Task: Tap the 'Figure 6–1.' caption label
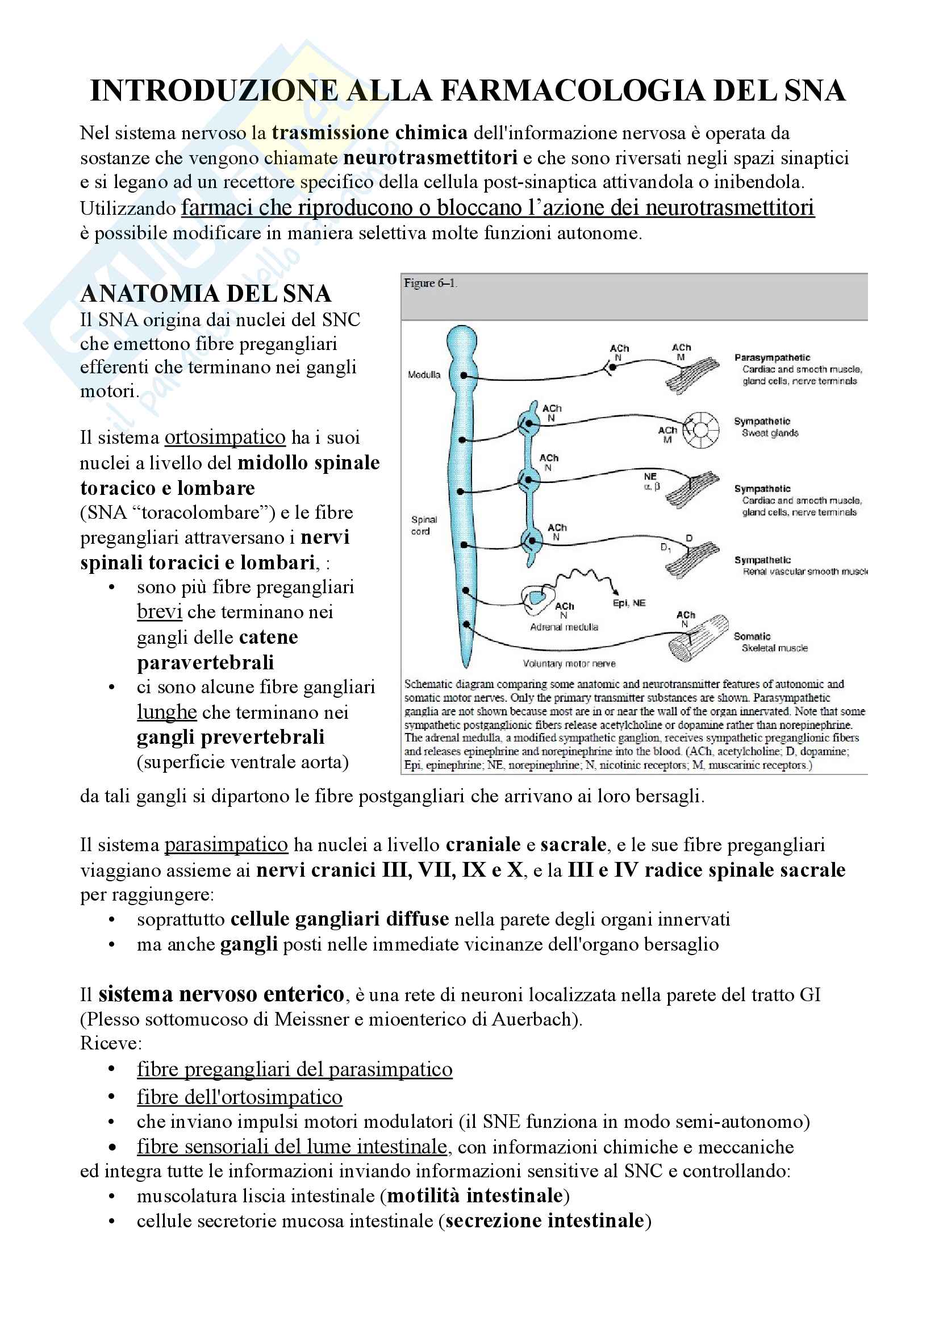click(430, 283)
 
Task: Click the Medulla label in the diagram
click(424, 375)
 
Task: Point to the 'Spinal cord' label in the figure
click(424, 526)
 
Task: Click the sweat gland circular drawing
click(701, 430)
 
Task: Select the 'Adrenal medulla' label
click(564, 627)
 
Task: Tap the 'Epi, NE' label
click(629, 603)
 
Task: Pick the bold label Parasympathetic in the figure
click(772, 358)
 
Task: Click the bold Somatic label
click(752, 636)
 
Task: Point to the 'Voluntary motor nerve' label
click(569, 663)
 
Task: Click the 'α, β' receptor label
click(652, 486)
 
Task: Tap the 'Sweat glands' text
click(770, 433)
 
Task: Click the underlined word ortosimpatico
click(225, 438)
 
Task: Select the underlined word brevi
click(159, 612)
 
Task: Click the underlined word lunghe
click(166, 712)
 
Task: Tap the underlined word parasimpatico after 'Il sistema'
click(226, 845)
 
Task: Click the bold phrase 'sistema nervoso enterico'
click(221, 994)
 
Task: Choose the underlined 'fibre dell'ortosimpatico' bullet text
click(240, 1097)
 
